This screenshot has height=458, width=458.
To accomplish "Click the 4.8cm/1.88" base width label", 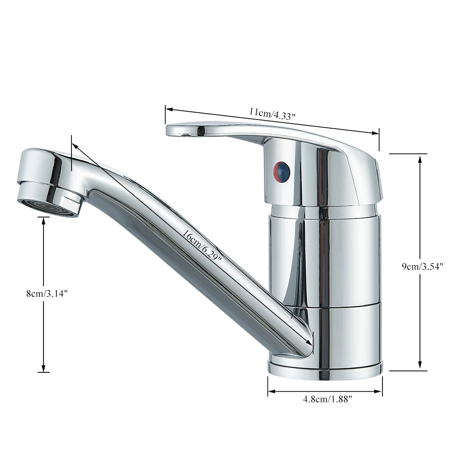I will pos(327,399).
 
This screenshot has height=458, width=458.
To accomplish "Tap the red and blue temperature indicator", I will pos(282,171).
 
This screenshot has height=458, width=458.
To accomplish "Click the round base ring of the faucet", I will pos(325,368).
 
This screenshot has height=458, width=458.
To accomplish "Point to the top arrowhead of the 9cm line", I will pos(420,157).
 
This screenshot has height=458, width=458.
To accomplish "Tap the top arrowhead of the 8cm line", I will pos(44,220).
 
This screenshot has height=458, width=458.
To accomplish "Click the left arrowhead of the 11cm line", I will pos(168,109).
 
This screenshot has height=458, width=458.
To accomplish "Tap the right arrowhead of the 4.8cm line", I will pos(380,392).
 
